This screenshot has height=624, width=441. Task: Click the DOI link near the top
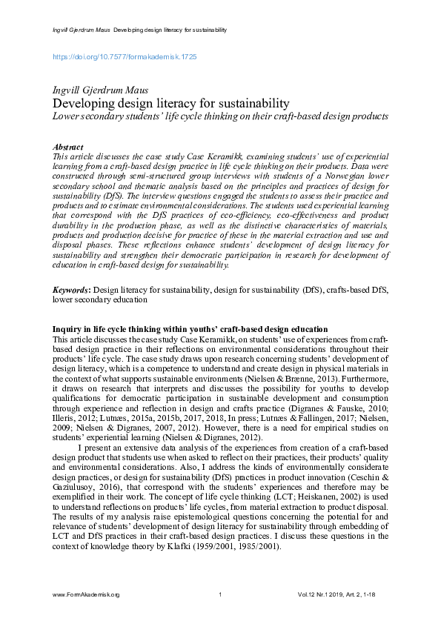[124, 56]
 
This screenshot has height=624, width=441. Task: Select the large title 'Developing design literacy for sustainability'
[170, 104]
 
